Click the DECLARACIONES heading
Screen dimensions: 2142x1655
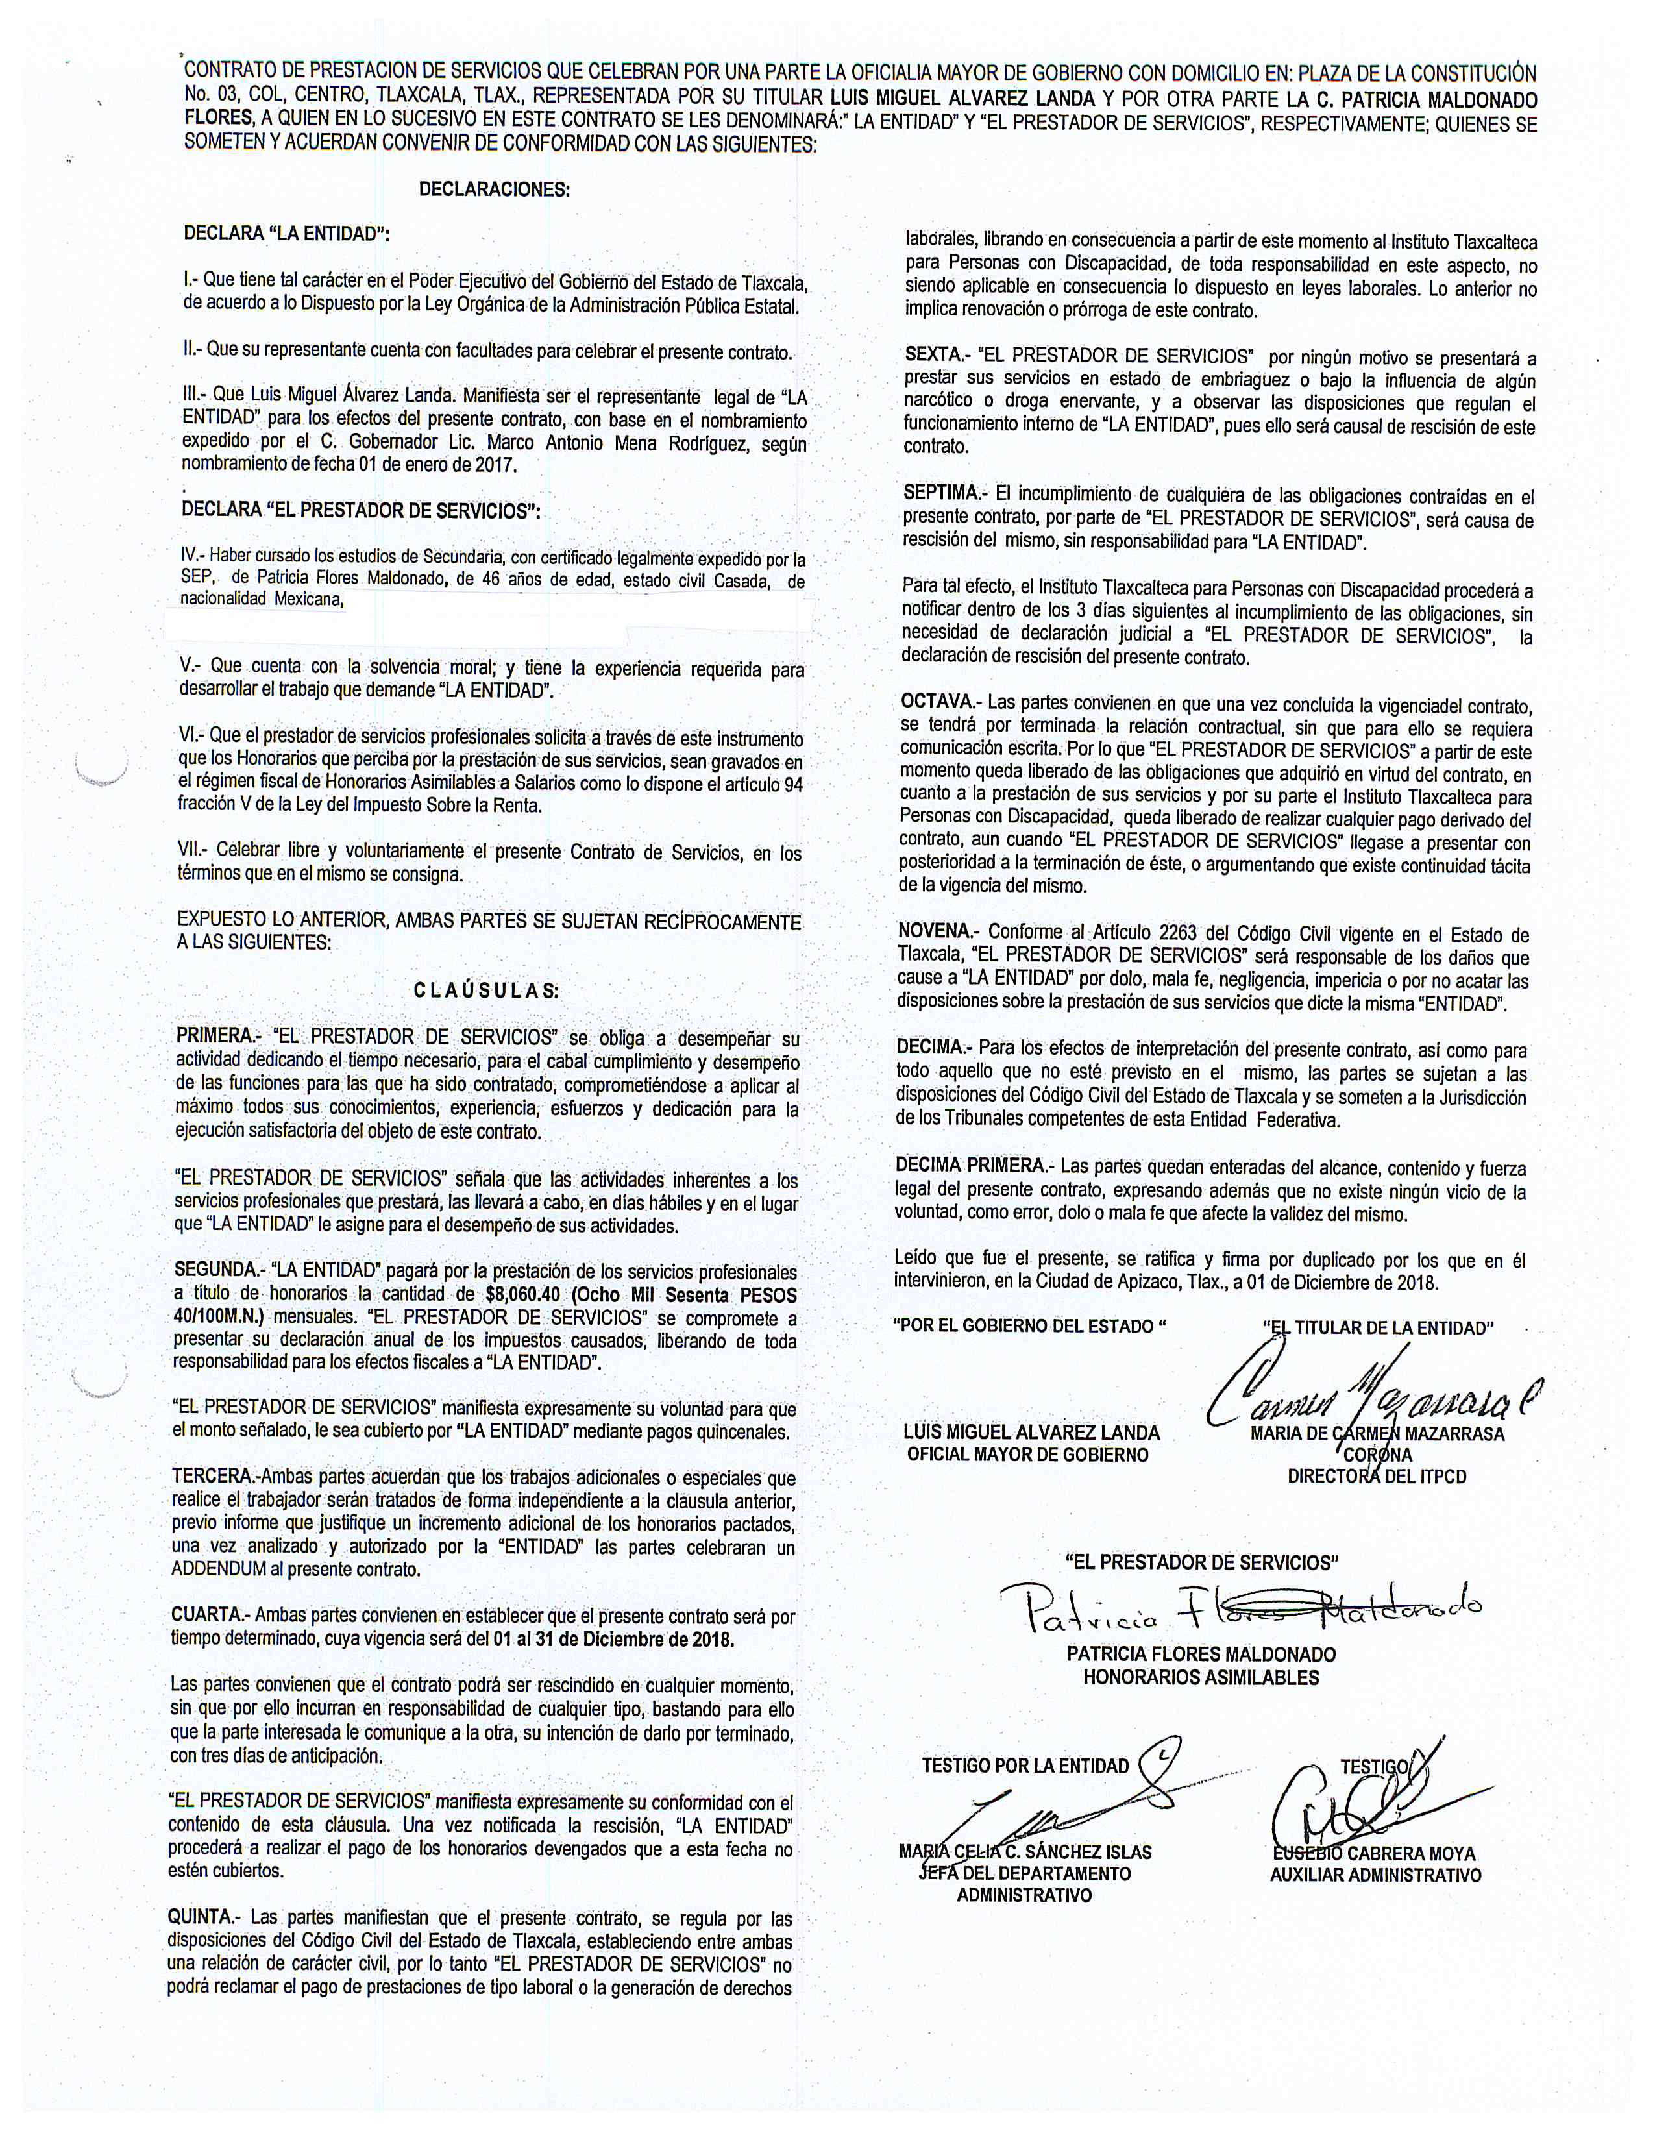494,190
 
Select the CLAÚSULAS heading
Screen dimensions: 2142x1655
486,990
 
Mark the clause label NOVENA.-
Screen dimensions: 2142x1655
937,931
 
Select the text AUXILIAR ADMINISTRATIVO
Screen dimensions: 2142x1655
1375,1875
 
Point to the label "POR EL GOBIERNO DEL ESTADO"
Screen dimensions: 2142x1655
1029,1327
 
